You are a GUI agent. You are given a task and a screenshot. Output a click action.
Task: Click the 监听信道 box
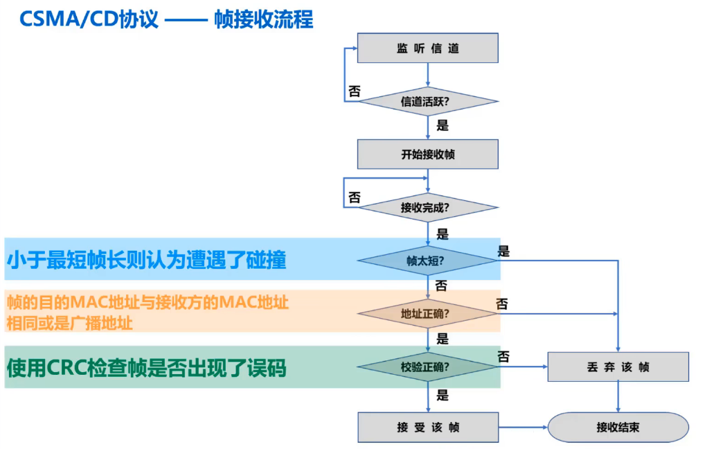coord(427,49)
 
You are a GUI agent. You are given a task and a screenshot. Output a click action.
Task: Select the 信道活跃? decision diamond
coord(427,102)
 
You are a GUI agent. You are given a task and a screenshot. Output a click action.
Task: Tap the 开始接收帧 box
coord(427,155)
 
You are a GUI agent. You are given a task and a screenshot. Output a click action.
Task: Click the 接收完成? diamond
coord(427,207)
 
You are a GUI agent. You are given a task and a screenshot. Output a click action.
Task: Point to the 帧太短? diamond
coord(427,261)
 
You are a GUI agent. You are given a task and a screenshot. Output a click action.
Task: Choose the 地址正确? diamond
coord(427,313)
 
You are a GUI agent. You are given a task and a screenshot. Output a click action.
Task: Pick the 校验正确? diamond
coord(427,367)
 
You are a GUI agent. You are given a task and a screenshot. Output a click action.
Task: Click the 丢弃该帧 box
coord(618,367)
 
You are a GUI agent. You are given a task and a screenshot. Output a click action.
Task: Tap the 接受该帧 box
coord(427,428)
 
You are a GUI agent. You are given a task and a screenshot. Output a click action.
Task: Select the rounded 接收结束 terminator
coord(618,428)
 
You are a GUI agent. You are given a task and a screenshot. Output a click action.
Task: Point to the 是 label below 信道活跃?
coord(442,126)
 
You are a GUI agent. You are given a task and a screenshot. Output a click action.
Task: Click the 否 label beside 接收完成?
coord(354,198)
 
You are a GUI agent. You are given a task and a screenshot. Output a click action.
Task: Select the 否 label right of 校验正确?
coord(503,358)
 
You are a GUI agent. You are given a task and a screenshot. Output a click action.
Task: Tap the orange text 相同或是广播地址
coord(70,323)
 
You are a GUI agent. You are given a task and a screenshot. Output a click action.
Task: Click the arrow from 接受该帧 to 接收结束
coord(523,428)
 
